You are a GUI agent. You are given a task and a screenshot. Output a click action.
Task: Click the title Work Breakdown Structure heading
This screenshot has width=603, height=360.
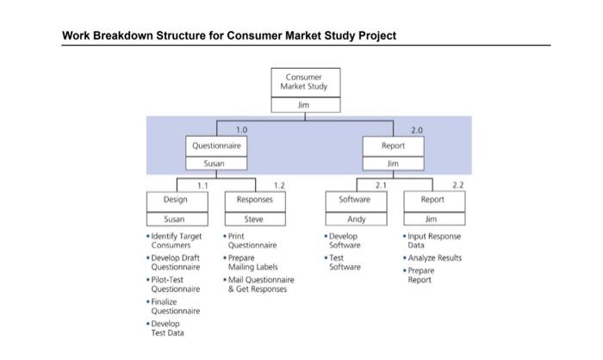point(229,35)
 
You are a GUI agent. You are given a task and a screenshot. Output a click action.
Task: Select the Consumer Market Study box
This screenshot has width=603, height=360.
point(301,83)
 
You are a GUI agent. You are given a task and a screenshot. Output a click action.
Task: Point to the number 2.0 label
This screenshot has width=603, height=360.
point(417,130)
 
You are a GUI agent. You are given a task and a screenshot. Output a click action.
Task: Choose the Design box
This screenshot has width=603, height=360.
point(175,200)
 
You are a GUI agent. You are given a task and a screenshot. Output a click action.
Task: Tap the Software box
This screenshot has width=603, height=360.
point(356,200)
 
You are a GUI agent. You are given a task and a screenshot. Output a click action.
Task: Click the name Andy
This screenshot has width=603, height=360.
point(356,219)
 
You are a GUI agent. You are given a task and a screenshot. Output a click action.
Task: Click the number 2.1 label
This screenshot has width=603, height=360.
point(380,184)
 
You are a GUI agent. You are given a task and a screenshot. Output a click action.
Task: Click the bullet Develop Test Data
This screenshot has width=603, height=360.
point(173,329)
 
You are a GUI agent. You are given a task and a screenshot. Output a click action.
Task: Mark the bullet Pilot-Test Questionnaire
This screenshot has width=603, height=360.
point(176,284)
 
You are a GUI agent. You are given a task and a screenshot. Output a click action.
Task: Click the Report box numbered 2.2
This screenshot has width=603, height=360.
point(433,200)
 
